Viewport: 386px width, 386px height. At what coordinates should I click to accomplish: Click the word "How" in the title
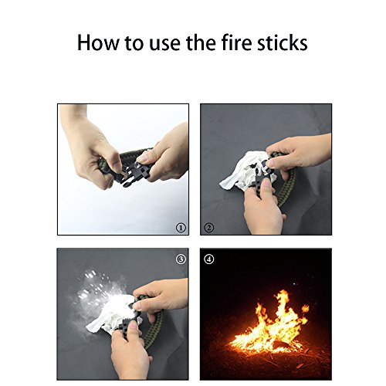(x=99, y=42)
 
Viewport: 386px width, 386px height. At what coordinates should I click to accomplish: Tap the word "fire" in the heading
(x=236, y=42)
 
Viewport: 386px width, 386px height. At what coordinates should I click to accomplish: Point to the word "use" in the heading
(x=164, y=44)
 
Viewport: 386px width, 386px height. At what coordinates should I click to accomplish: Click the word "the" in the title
(x=201, y=42)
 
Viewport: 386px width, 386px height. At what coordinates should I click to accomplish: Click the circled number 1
(x=181, y=228)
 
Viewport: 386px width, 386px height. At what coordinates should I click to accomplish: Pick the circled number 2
(x=208, y=228)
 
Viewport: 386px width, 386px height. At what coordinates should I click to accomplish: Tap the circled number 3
(x=181, y=259)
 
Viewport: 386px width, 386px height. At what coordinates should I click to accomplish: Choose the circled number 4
(x=208, y=259)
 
